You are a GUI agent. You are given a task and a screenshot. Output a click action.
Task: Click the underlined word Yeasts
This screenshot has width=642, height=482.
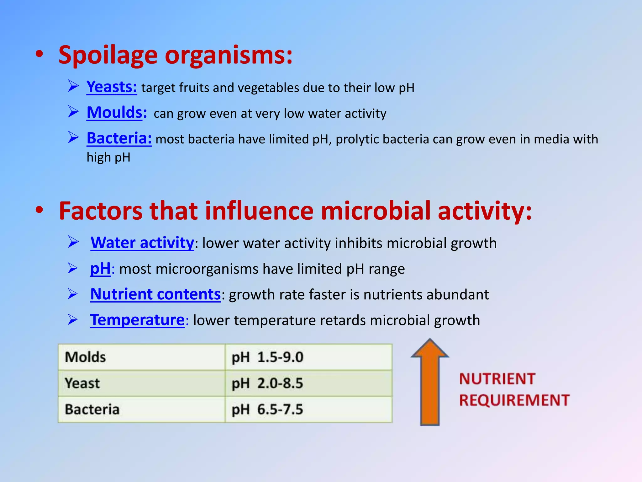click(x=112, y=87)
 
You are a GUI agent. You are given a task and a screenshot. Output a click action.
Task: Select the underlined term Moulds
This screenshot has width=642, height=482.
click(x=115, y=113)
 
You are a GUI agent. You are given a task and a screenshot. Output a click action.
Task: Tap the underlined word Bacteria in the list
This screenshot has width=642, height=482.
click(x=119, y=138)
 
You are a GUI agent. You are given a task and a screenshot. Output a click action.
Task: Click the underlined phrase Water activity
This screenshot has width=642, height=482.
click(x=142, y=243)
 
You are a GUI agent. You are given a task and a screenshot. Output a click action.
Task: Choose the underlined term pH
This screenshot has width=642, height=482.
click(x=100, y=269)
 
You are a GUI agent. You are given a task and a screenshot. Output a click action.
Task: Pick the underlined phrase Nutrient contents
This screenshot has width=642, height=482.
click(x=155, y=294)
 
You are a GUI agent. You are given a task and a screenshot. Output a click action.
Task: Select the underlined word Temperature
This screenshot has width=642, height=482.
click(x=137, y=320)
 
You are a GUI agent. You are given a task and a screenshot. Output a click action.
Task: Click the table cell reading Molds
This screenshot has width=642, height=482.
click(x=141, y=357)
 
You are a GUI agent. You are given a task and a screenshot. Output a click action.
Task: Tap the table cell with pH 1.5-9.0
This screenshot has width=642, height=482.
click(x=308, y=357)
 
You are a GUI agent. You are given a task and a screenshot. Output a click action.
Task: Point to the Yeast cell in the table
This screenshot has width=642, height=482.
click(x=141, y=383)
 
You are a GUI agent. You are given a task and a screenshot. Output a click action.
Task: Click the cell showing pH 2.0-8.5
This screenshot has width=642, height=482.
click(x=308, y=383)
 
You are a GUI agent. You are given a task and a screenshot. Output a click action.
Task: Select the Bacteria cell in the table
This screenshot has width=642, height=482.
click(x=141, y=409)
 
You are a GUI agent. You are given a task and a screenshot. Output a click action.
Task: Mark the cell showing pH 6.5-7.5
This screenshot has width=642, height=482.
click(x=308, y=409)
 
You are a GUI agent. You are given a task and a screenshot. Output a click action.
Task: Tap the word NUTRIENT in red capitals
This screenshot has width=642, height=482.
click(x=497, y=379)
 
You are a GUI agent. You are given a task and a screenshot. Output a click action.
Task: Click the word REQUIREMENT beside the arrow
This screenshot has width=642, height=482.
click(x=514, y=400)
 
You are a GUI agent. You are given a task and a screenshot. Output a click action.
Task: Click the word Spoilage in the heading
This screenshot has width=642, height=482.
click(x=108, y=55)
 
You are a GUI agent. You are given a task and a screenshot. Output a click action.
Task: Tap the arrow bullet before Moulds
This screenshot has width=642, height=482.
click(x=73, y=112)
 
